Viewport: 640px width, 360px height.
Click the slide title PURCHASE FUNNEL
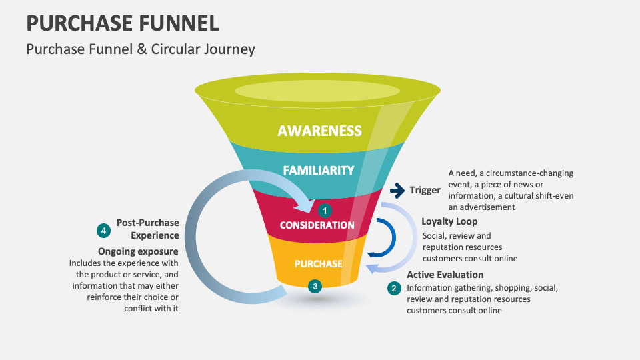[x=123, y=23]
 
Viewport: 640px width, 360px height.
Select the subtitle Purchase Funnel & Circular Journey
[x=140, y=49]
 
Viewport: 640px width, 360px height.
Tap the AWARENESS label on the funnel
[x=319, y=131]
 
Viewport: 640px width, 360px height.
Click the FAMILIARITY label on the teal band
[x=318, y=170]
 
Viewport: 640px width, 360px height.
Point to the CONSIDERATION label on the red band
[x=317, y=225]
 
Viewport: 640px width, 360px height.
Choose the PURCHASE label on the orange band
[x=318, y=263]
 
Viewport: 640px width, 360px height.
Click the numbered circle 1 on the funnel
[x=325, y=211]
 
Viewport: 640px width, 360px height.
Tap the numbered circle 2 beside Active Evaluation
[x=394, y=288]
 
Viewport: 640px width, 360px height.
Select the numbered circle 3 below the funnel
[x=315, y=286]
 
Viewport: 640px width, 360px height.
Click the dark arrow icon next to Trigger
[x=397, y=191]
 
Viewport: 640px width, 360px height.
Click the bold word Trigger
[x=425, y=191]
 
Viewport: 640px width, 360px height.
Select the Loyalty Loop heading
[x=449, y=221]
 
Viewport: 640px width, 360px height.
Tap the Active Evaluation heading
[x=445, y=275]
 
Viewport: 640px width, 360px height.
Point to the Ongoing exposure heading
[x=138, y=251]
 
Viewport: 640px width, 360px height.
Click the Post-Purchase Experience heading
[x=147, y=229]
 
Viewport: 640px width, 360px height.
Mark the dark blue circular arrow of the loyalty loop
[x=389, y=237]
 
